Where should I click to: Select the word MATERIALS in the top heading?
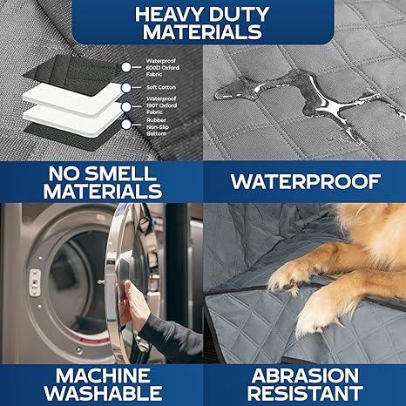point(203,33)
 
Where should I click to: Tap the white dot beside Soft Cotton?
point(127,87)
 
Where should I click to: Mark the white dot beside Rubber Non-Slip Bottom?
point(127,125)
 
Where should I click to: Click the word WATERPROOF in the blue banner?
point(304,182)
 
